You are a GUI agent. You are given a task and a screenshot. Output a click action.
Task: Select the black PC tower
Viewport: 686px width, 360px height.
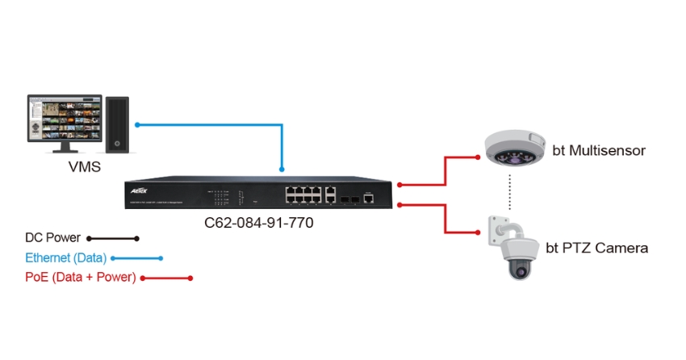[x=118, y=124]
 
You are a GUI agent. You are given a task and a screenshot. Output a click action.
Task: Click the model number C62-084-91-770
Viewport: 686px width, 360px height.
[x=259, y=221]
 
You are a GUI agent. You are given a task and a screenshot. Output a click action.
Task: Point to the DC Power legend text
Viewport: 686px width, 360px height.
[x=52, y=238]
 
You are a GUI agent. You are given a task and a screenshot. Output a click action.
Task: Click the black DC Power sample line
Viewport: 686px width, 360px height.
[x=113, y=238]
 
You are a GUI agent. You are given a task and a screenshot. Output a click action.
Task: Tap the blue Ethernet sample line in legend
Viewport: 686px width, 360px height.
[x=136, y=258]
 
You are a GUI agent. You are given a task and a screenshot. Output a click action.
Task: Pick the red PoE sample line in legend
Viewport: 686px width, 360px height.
[x=167, y=278]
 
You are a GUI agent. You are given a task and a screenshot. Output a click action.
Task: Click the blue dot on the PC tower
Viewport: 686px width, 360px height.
[x=138, y=124]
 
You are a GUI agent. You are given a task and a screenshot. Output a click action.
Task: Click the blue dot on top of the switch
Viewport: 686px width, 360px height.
[x=282, y=169]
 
